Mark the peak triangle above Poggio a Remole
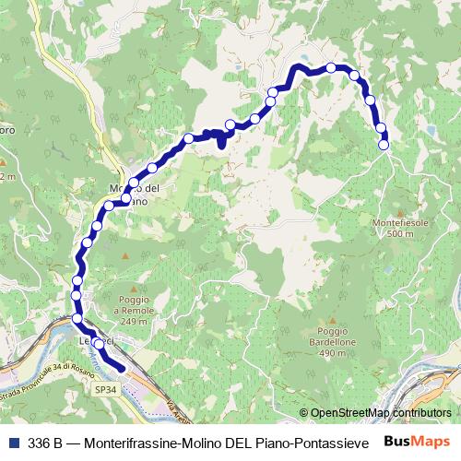126,285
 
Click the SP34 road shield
106,390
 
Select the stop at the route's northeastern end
384,144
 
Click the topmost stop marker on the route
331,67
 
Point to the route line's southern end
123,370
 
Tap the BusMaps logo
418,441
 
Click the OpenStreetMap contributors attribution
380,413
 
